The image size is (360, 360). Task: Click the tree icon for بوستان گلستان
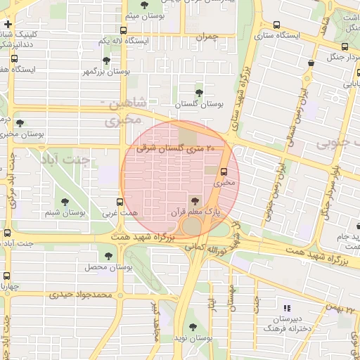[x=199, y=92]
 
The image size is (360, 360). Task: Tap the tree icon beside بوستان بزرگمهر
[x=106, y=61]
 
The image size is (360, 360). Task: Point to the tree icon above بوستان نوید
[x=193, y=327]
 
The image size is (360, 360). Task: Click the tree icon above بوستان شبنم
[x=69, y=201]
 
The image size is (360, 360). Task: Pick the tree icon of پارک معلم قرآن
[x=195, y=200]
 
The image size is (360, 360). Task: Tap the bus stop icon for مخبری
[x=224, y=172]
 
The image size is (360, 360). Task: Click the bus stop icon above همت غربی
[x=119, y=202]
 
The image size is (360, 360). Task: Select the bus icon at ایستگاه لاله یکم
[x=124, y=30]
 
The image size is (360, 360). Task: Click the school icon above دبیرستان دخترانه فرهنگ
[x=286, y=308]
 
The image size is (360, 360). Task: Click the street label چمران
[x=209, y=41]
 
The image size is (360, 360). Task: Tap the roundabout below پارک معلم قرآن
[x=191, y=226]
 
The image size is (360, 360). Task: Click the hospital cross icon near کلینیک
[x=7, y=24]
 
